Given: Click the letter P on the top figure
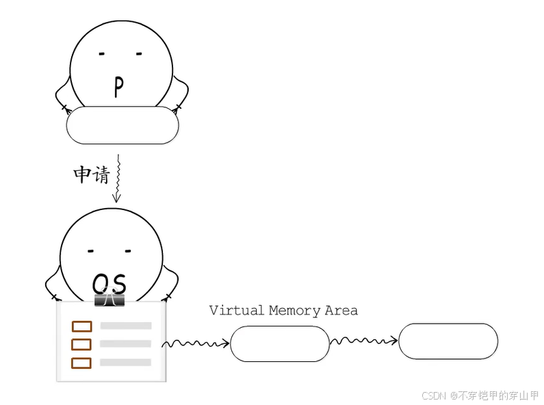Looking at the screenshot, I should (118, 87).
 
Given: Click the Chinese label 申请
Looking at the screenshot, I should (91, 174).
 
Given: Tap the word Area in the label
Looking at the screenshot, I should (341, 310).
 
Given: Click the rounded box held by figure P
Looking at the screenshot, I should (122, 126).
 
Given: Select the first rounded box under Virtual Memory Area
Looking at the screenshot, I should (280, 343).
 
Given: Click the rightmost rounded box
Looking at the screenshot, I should (448, 341).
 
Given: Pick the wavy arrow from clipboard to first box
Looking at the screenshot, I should (196, 342).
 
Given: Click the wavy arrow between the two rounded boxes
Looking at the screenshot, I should (364, 339).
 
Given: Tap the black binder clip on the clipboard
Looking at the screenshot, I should (109, 300).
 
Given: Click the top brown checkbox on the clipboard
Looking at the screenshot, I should (81, 326).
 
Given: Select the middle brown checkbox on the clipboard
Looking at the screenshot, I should (81, 344).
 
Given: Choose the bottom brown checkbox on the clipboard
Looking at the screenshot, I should (81, 362).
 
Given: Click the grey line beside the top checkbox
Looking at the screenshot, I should (126, 326).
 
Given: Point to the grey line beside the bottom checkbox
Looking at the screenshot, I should (126, 362).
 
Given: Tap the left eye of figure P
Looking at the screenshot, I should (101, 53).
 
